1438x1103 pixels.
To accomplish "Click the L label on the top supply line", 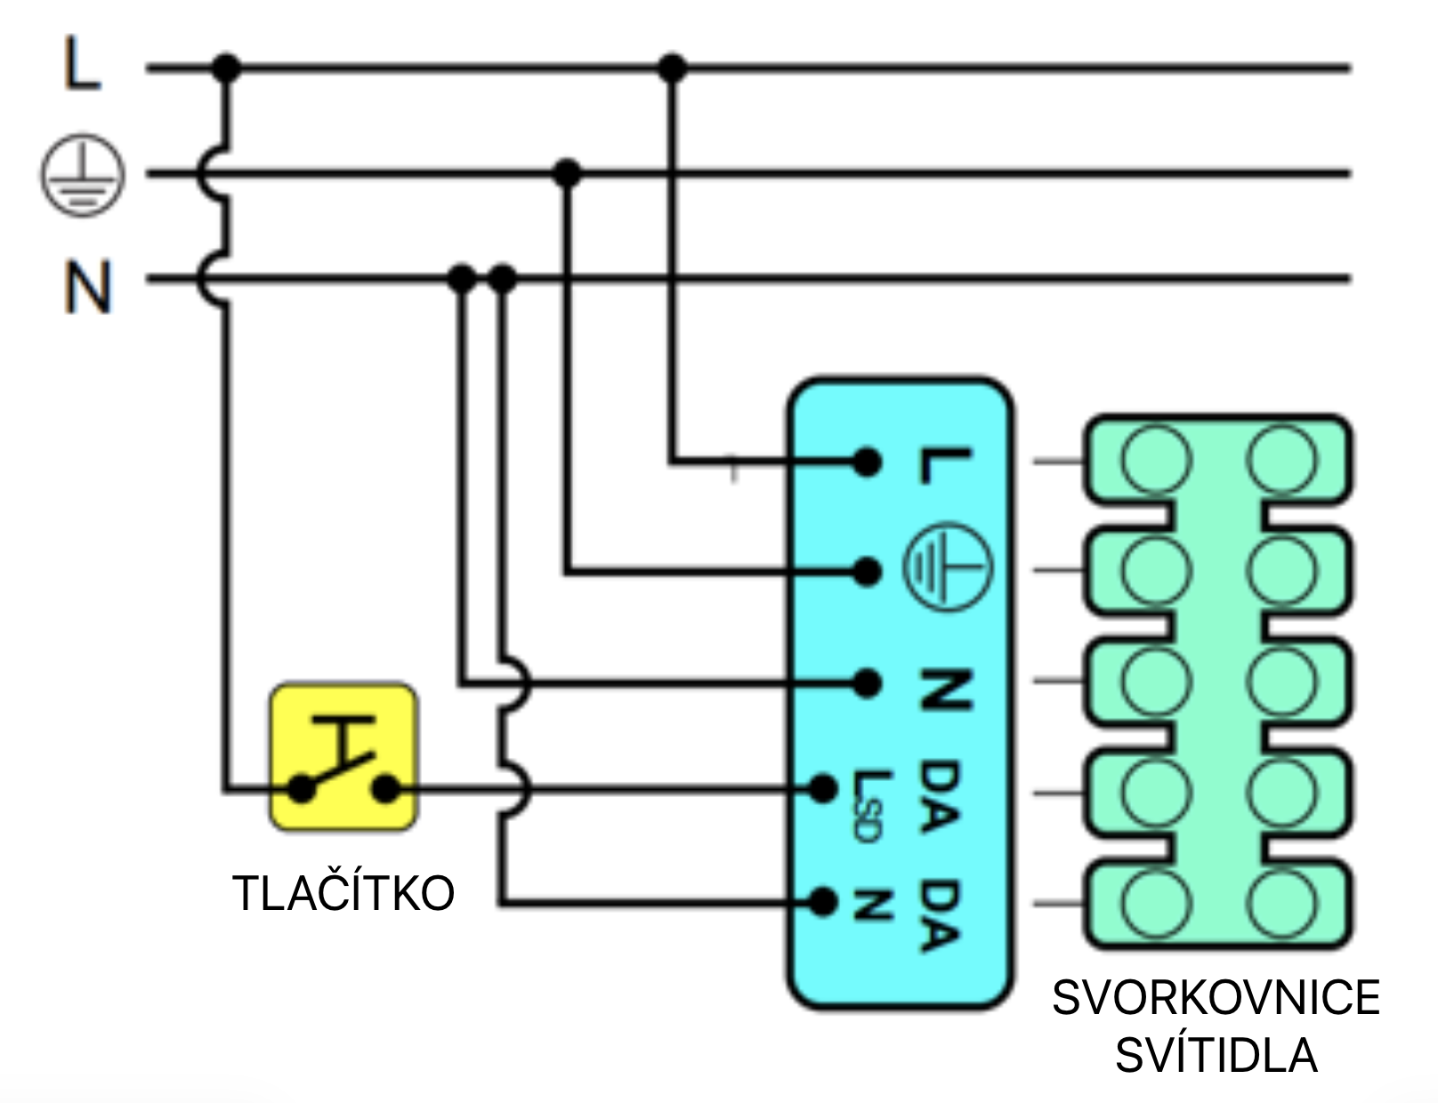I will pyautogui.click(x=82, y=64).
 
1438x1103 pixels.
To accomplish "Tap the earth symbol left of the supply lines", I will pyautogui.click(x=82, y=174).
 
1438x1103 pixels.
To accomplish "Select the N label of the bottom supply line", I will pyautogui.click(x=87, y=286).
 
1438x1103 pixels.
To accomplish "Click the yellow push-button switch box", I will pyautogui.click(x=343, y=757).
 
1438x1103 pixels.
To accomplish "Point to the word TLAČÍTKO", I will pyautogui.click(x=343, y=893).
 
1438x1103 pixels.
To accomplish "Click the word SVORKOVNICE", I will pyautogui.click(x=1216, y=997).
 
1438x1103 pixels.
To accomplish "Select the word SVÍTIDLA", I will pyautogui.click(x=1216, y=1055).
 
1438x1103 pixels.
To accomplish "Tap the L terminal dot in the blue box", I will pyautogui.click(x=867, y=462).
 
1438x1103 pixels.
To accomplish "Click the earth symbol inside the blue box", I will pyautogui.click(x=947, y=566).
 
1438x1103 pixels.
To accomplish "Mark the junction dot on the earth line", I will pyautogui.click(x=567, y=173).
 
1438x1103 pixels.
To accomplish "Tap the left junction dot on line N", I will pyautogui.click(x=461, y=278).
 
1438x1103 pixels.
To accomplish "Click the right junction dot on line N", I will pyautogui.click(x=503, y=278).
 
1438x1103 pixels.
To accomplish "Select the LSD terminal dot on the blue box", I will pyautogui.click(x=823, y=788).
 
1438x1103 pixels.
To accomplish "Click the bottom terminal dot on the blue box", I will pyautogui.click(x=823, y=902).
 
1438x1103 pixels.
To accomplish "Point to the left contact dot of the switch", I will pyautogui.click(x=303, y=788).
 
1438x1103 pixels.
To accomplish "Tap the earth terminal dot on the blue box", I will pyautogui.click(x=867, y=572).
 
